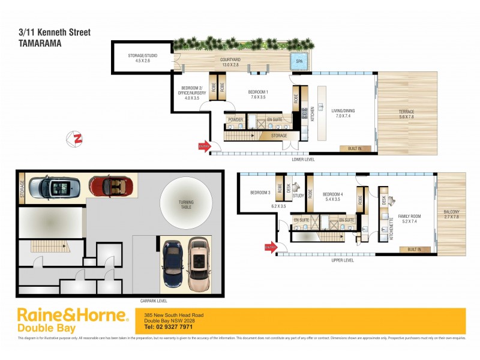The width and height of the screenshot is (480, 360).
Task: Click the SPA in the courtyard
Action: coord(299,61)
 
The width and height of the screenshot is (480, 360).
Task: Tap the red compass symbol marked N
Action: coord(76,138)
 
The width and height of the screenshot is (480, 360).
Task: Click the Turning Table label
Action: coord(185,205)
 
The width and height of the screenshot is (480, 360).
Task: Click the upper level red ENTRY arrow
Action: coord(271,247)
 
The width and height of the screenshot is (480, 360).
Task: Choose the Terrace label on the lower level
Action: coord(407,114)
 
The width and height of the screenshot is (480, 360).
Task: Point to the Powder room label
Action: coord(235,119)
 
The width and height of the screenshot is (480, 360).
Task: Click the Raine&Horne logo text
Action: coord(72,316)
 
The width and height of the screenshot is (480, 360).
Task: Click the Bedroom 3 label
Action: coord(261,193)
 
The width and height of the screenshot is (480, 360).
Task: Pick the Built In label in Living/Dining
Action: coord(352,148)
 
